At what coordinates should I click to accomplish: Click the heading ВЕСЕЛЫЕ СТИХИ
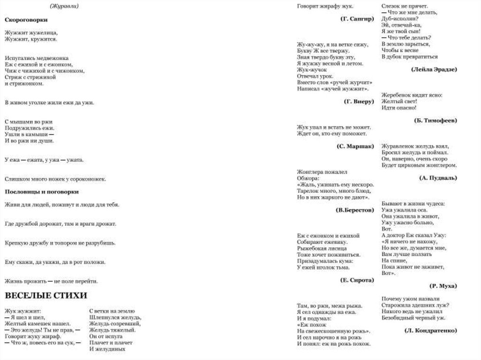point(46,296)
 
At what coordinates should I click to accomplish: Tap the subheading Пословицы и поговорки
point(41,191)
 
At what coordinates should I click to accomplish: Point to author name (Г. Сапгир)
point(357,18)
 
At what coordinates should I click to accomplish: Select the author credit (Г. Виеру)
point(359,101)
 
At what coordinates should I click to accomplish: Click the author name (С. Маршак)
point(356,146)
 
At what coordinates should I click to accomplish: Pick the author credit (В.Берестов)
point(355,210)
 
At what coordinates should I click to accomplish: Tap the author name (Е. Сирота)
point(357,279)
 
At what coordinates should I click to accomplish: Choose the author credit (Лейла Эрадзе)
point(434,69)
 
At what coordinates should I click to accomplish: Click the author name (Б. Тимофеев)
point(436,120)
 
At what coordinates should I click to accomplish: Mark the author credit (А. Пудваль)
point(438,178)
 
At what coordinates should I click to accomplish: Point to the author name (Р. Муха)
point(443,285)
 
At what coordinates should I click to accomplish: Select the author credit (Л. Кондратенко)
point(430,330)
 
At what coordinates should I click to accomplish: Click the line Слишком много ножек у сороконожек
point(55,179)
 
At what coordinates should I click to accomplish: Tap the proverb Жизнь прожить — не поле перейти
point(51,281)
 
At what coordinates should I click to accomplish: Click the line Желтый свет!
point(399,101)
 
